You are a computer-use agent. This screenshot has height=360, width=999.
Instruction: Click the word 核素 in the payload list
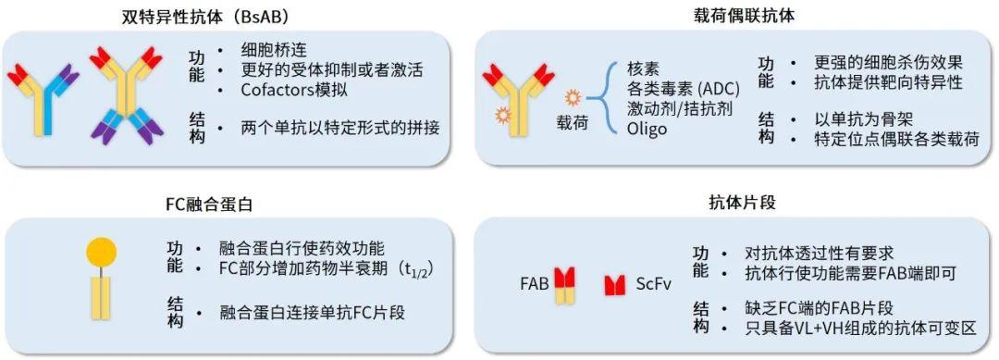click(645, 69)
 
